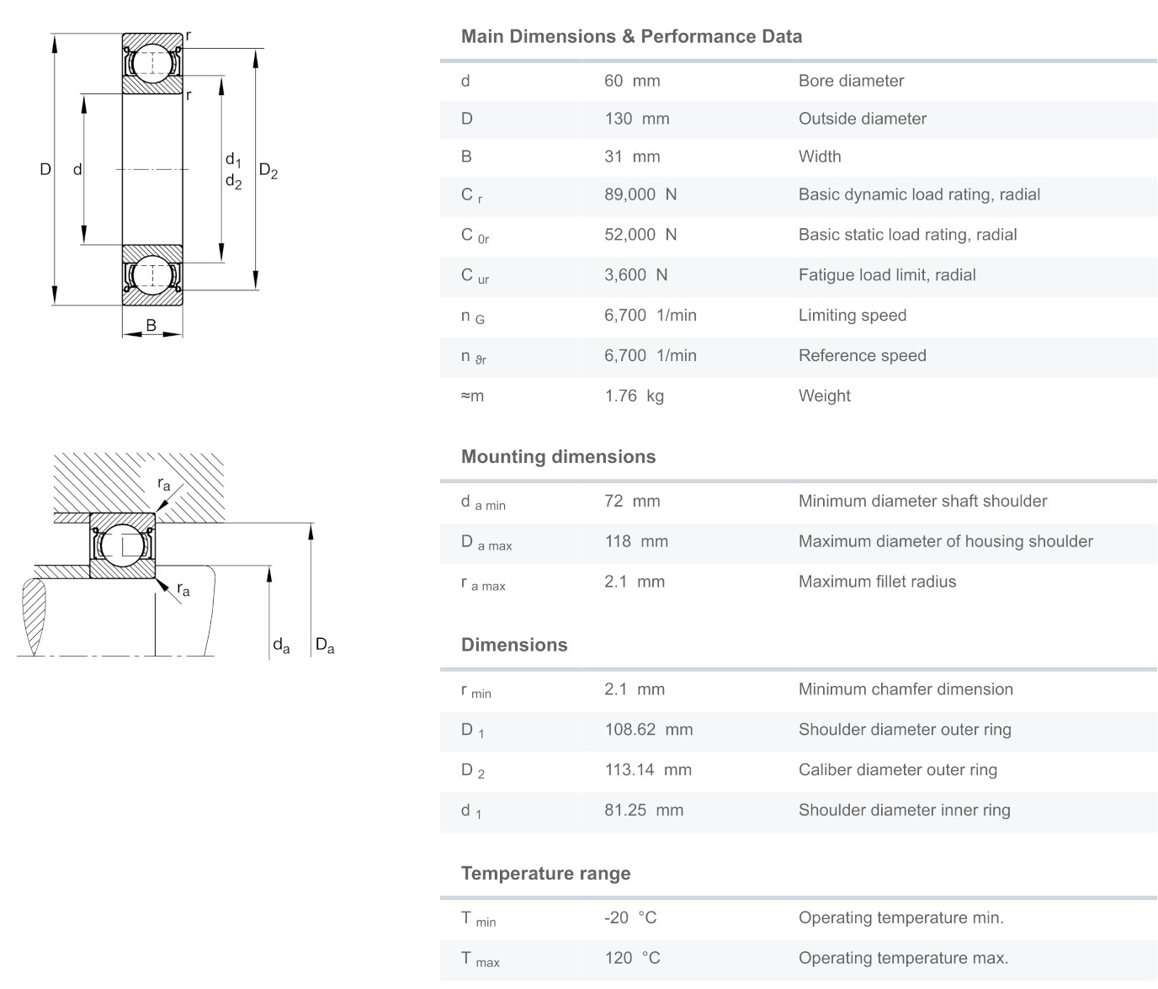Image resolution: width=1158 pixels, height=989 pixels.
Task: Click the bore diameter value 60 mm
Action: pos(631,81)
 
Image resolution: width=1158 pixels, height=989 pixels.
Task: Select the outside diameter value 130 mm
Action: pos(636,119)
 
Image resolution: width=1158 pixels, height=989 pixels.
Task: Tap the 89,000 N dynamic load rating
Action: pos(640,194)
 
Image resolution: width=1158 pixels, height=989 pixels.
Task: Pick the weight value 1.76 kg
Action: pos(634,396)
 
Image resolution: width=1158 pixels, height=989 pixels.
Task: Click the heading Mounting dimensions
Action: pos(558,456)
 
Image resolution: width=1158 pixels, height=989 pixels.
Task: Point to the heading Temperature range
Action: pos(545,873)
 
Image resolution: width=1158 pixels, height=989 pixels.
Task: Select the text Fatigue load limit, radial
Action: pos(886,274)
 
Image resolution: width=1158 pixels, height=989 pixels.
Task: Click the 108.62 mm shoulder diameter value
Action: pos(648,729)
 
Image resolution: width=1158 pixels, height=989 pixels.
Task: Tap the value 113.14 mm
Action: pos(647,769)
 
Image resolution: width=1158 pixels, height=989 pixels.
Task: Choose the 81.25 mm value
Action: pos(643,810)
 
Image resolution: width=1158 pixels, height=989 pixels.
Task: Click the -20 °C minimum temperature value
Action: pos(629,917)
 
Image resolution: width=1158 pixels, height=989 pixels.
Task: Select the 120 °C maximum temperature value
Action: pos(631,958)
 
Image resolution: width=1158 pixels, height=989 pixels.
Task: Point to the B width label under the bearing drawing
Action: pos(151,325)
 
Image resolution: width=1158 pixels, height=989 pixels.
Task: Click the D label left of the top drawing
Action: pos(45,169)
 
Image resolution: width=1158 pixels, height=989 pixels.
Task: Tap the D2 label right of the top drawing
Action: pos(268,171)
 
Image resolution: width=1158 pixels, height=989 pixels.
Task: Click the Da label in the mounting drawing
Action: pos(324,646)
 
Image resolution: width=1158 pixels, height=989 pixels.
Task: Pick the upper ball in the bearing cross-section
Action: pos(152,61)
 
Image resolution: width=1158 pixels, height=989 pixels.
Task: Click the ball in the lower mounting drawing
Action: pos(123,545)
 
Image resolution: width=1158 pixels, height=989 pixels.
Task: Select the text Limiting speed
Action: pos(852,315)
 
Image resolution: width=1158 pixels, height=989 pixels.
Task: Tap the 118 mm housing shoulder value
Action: pos(635,541)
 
